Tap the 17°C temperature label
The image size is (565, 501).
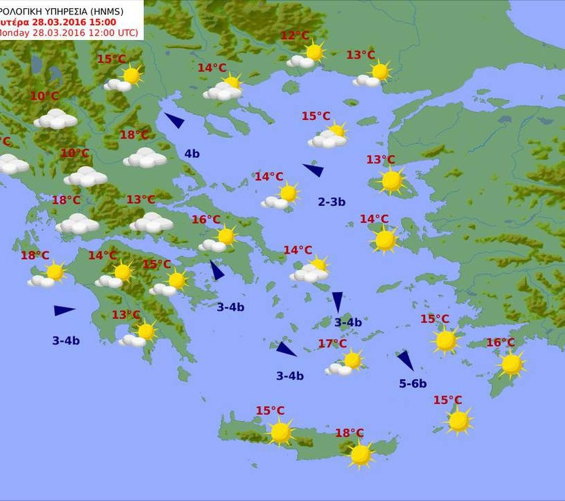point(332,343)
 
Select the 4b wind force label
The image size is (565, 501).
point(192,154)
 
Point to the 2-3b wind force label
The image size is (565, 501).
point(331,202)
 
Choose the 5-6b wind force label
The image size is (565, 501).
point(413,384)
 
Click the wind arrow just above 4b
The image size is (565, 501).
point(174,121)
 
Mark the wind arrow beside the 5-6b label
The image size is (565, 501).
point(405,360)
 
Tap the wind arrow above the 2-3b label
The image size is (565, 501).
point(313,170)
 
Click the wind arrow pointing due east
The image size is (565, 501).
point(64,311)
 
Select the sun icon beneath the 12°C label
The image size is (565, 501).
point(314,52)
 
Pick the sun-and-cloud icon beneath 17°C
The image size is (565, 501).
point(347,362)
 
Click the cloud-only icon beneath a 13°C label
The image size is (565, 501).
point(151,223)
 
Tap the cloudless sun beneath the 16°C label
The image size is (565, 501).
point(511,365)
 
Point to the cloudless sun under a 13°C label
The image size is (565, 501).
point(391,181)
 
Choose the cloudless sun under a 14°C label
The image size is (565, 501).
point(384,241)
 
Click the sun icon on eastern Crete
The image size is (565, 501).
point(360,454)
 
